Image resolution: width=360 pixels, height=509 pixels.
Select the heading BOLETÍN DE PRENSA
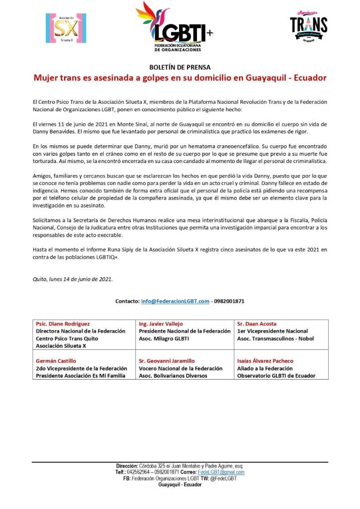click(x=180, y=67)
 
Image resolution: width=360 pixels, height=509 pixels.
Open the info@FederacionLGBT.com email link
click(x=175, y=301)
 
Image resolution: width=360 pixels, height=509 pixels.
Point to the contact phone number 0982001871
click(x=229, y=301)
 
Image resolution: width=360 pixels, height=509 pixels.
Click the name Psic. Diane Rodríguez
click(x=63, y=324)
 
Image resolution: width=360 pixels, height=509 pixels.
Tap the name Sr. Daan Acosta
click(x=257, y=324)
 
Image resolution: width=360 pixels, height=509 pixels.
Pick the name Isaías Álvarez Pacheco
click(x=265, y=361)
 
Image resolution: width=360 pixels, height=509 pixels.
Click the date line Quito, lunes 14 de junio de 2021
click(x=73, y=279)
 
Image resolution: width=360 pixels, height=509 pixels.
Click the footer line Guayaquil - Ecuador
click(x=180, y=485)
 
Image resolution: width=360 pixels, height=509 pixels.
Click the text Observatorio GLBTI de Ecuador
click(x=276, y=376)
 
